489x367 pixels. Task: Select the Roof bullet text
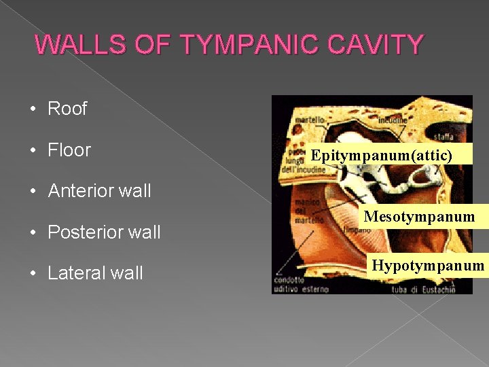pos(67,109)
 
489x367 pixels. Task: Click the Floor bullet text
pos(69,150)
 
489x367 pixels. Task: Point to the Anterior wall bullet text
pos(99,191)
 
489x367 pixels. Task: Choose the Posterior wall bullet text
pos(104,232)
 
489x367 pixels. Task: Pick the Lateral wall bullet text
pos(95,273)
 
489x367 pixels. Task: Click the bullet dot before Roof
pos(33,109)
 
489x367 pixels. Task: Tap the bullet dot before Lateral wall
pos(33,274)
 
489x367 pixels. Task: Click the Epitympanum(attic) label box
pos(381,156)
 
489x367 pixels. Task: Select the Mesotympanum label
pos(418,217)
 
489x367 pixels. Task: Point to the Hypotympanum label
pos(427,264)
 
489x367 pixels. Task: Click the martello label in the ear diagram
pos(310,121)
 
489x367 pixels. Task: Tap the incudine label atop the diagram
pos(393,120)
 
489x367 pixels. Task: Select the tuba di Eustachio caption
pos(420,290)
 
